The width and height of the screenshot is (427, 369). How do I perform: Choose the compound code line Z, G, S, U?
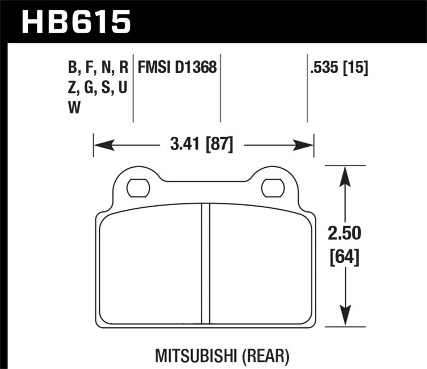click(x=96, y=88)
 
